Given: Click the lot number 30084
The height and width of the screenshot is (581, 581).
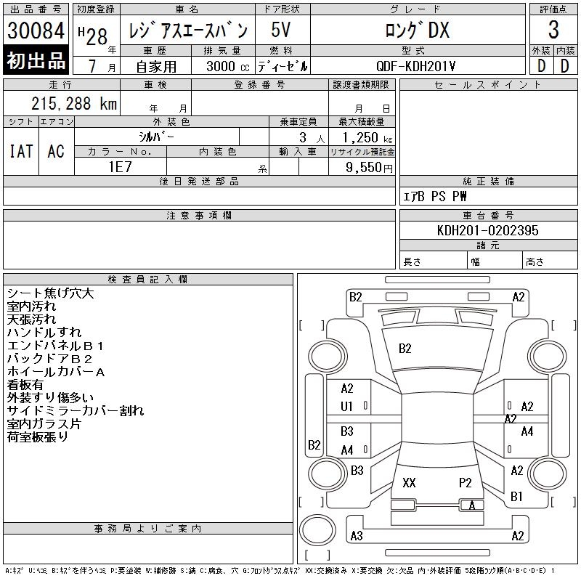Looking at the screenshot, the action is pyautogui.click(x=36, y=31).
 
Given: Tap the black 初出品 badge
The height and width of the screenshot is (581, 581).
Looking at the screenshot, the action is pyautogui.click(x=36, y=60).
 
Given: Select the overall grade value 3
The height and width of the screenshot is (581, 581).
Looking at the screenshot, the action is pyautogui.click(x=553, y=30).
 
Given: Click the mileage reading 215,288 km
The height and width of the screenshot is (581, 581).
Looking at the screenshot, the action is pyautogui.click(x=74, y=104).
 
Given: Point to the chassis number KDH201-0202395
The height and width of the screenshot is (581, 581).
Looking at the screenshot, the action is pyautogui.click(x=487, y=230).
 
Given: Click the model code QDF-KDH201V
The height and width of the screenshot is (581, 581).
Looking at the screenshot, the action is pyautogui.click(x=415, y=66).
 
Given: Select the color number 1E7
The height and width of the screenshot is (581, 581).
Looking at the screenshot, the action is pyautogui.click(x=120, y=167).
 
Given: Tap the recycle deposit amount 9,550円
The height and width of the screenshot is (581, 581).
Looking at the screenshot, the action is pyautogui.click(x=369, y=168).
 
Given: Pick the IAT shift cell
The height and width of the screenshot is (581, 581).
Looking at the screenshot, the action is pyautogui.click(x=21, y=151).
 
